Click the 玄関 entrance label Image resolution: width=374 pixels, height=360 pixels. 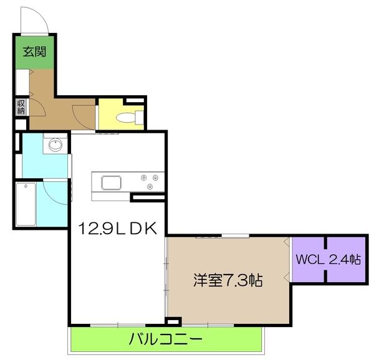[x=34, y=52]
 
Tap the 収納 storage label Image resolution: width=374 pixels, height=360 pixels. [x=21, y=107]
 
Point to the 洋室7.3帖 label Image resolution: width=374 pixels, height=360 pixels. [x=226, y=280]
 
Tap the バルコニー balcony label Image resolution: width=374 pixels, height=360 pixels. [x=166, y=340]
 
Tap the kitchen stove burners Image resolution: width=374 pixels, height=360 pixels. [x=150, y=181]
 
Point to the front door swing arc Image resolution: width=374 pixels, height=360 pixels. [x=36, y=19]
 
